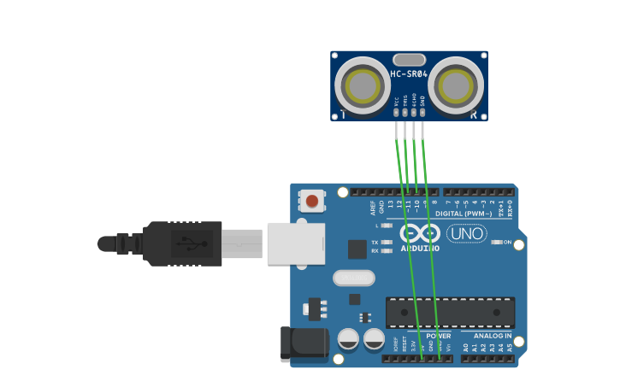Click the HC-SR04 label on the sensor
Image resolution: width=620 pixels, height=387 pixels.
tap(409, 73)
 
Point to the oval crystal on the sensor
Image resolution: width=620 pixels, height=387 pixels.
tap(409, 60)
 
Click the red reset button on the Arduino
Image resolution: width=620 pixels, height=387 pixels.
tap(312, 202)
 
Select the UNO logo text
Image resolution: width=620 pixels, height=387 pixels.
tap(466, 233)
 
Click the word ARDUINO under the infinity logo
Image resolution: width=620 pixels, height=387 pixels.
tap(420, 249)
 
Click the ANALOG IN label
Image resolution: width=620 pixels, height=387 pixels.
tap(493, 336)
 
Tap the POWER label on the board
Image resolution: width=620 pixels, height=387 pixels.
tap(438, 336)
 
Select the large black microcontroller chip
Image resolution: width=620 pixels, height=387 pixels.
tap(450, 313)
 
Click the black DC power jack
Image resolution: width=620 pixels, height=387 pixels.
tap(304, 343)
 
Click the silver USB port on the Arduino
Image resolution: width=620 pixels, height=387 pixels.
tap(296, 243)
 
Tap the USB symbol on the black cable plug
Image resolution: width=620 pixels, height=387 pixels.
tap(192, 243)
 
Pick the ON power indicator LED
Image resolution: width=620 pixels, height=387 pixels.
tap(497, 243)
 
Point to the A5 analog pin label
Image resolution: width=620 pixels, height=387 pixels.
tap(511, 348)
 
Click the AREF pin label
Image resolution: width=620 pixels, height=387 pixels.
tap(373, 207)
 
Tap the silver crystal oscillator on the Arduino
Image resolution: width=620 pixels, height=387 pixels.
tap(354, 278)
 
